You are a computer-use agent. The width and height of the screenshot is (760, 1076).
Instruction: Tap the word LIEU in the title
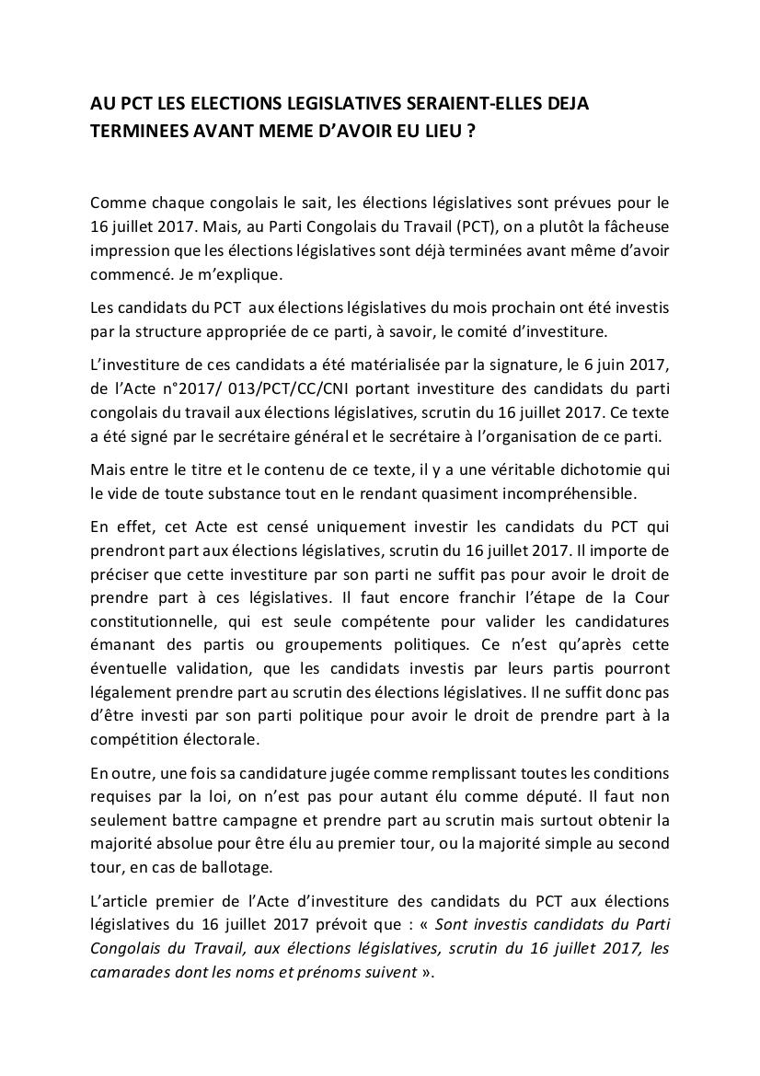click(x=435, y=131)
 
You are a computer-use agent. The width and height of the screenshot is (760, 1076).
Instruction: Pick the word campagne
click(x=270, y=819)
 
